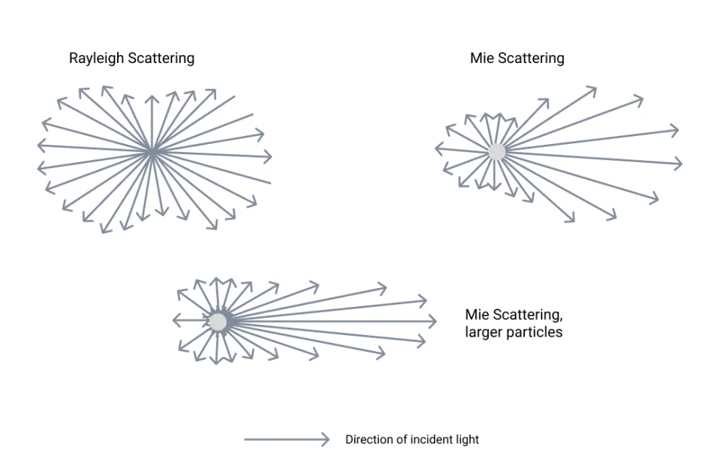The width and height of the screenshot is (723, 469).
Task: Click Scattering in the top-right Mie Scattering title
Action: tap(531, 59)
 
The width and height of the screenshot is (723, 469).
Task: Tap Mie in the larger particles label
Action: tap(477, 315)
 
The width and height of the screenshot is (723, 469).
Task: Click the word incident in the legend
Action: tap(432, 439)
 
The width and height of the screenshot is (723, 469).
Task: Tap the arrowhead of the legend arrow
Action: tap(326, 439)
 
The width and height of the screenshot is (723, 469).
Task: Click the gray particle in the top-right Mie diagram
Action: tap(497, 152)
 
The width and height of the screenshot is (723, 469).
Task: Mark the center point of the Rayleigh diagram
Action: tap(152, 151)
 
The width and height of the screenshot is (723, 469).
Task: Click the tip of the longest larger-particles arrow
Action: tap(435, 321)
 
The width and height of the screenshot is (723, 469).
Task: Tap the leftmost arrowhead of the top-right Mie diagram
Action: tap(437, 149)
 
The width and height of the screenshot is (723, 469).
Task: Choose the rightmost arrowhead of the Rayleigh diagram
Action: tap(270, 156)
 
